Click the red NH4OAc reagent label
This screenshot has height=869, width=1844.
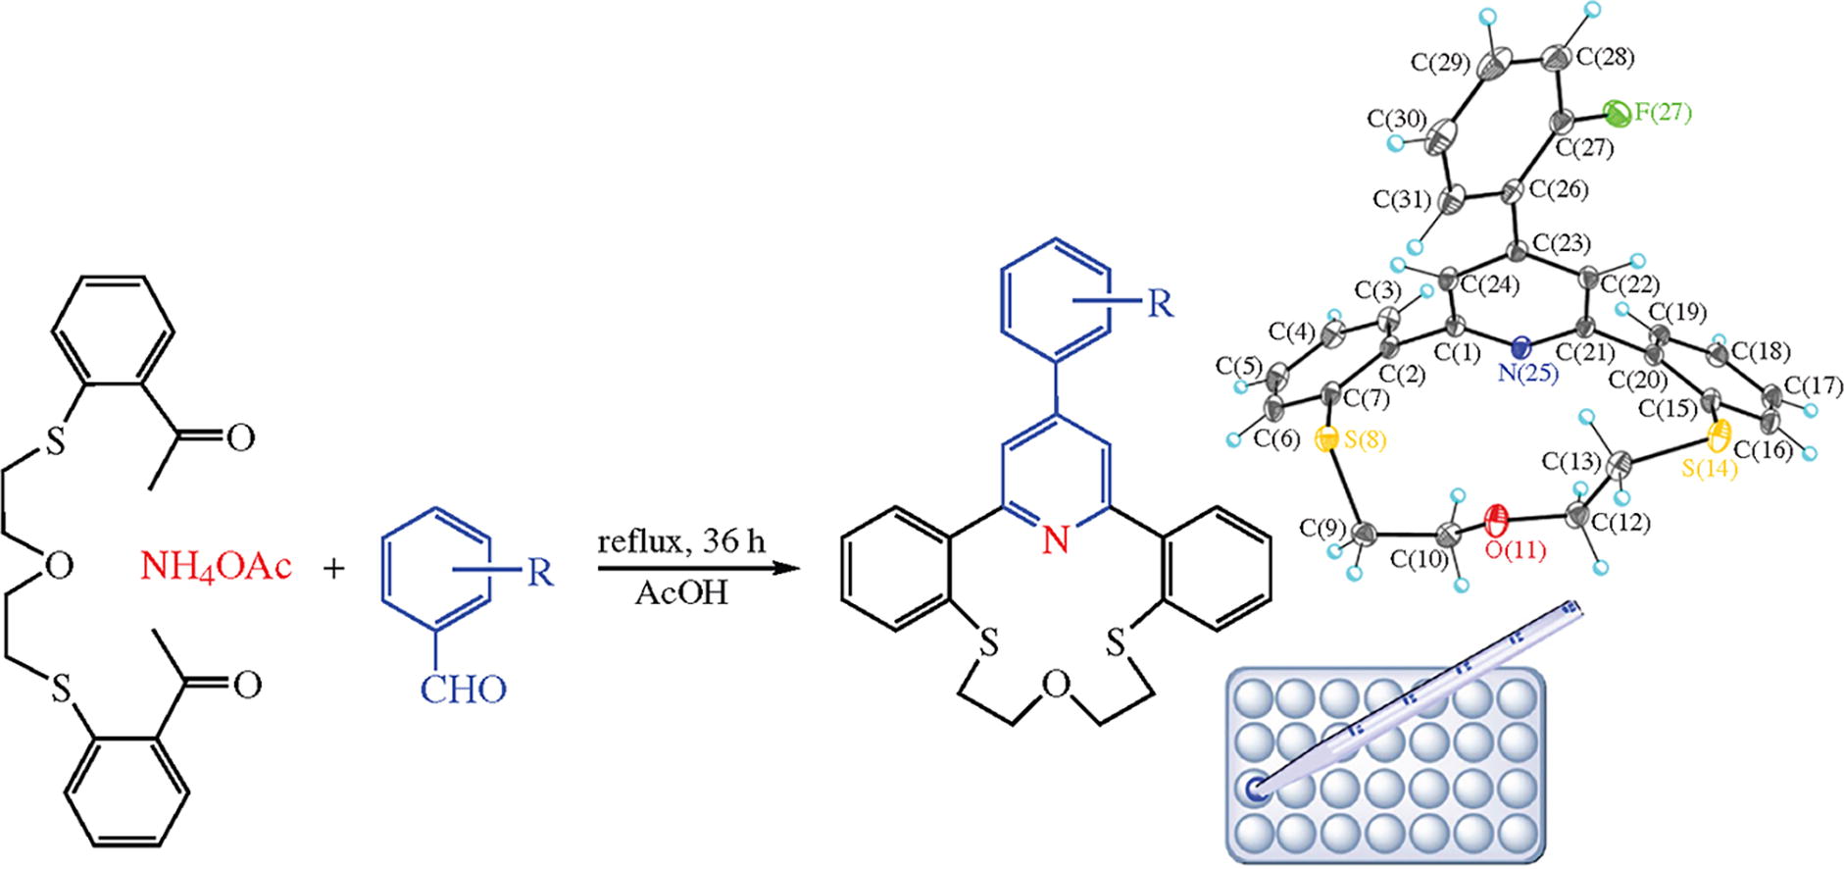[216, 568]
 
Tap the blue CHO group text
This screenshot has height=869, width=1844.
[464, 690]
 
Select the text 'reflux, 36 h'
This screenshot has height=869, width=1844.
[682, 541]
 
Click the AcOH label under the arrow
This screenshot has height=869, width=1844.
[681, 593]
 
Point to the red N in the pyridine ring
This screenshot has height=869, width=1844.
[1055, 538]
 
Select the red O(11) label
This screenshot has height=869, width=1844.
[1515, 550]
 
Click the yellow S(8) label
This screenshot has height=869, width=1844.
[1363, 442]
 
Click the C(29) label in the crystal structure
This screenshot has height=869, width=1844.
[1440, 63]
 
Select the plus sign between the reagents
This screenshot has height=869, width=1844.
[335, 568]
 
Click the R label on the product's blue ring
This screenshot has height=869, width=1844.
[1160, 303]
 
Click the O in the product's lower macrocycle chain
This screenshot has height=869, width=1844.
[1055, 688]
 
